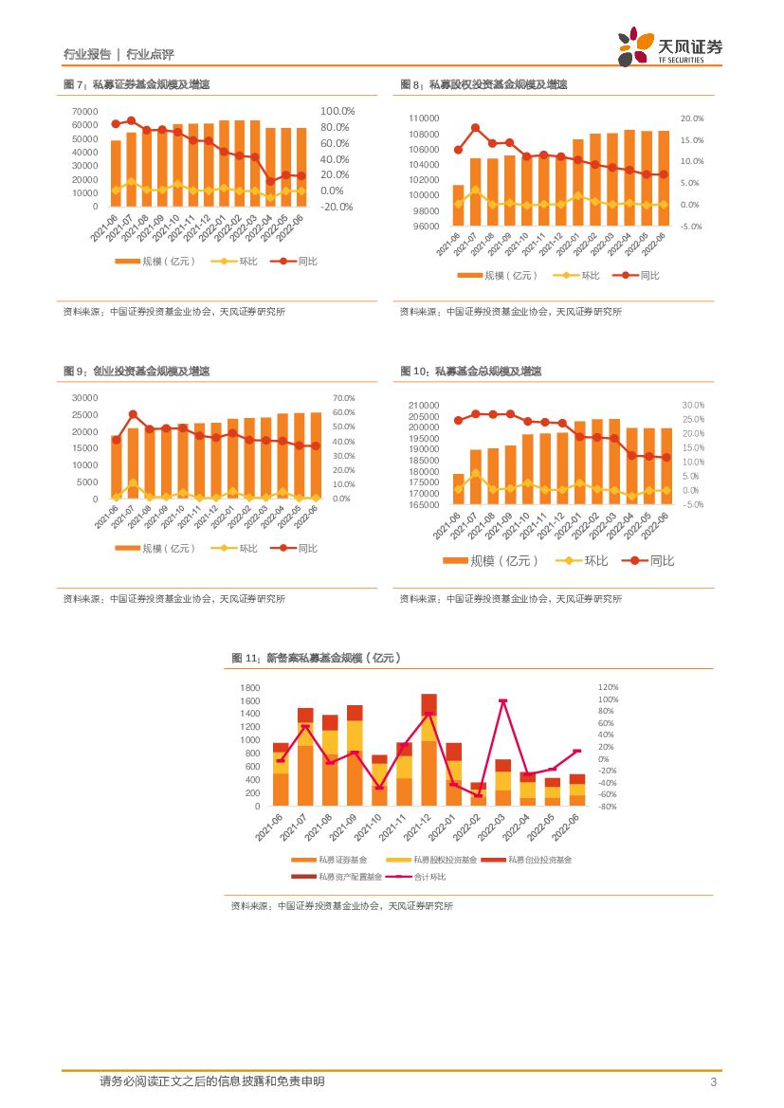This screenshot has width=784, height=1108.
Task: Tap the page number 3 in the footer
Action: (712, 1082)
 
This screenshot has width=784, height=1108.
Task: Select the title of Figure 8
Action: (483, 85)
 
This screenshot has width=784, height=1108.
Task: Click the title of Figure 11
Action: (318, 658)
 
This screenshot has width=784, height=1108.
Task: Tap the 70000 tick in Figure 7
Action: (84, 111)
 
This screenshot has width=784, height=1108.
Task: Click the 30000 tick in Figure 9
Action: (84, 398)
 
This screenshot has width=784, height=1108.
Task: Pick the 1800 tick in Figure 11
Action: (249, 687)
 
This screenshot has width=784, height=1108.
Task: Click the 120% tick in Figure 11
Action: (607, 687)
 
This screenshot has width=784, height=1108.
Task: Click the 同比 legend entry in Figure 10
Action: (653, 561)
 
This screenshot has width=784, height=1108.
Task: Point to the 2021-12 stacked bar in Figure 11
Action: (428, 750)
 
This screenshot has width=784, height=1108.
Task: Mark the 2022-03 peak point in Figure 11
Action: (502, 701)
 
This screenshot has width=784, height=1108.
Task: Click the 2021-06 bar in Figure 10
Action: (458, 489)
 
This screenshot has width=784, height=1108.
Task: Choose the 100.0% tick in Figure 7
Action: (337, 111)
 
